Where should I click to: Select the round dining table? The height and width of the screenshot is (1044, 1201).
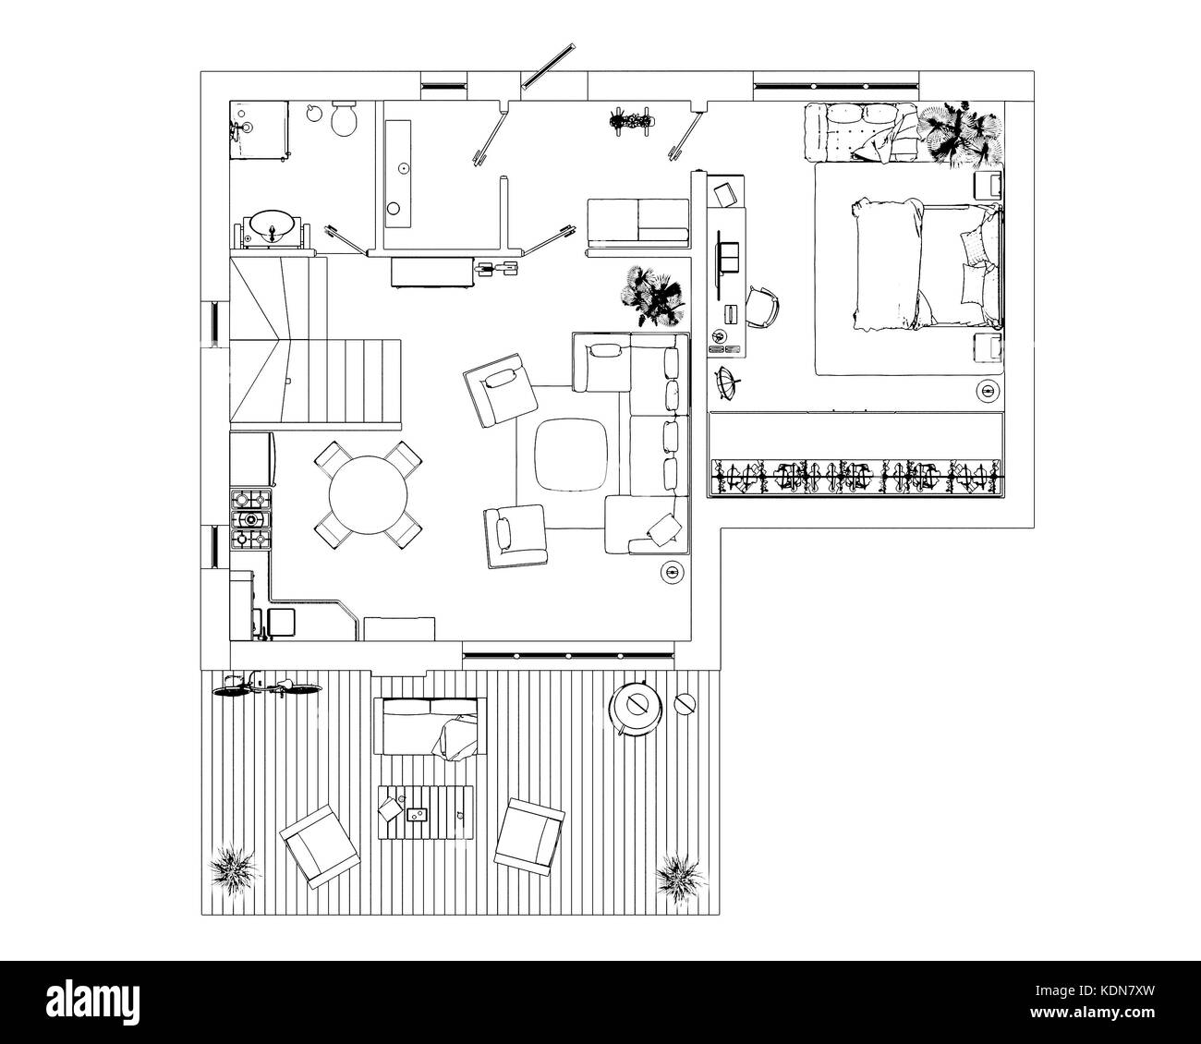point(368,494)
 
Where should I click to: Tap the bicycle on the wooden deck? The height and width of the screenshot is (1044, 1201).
point(267,686)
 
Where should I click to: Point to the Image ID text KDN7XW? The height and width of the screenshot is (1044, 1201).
point(1095,990)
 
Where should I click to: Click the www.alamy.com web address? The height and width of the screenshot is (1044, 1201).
point(1092,1012)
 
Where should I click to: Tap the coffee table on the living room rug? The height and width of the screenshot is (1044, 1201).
point(570,454)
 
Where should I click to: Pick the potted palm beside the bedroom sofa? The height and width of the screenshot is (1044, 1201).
point(962,135)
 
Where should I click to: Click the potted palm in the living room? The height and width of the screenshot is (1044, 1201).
point(653,295)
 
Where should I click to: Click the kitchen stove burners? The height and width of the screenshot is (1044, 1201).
point(250,519)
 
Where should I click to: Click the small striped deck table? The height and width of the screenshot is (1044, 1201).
point(426,813)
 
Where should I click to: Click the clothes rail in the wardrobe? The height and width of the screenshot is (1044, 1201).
point(856,477)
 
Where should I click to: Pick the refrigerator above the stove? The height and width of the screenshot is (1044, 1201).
point(252,459)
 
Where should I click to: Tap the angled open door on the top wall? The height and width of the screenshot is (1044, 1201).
point(548,66)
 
